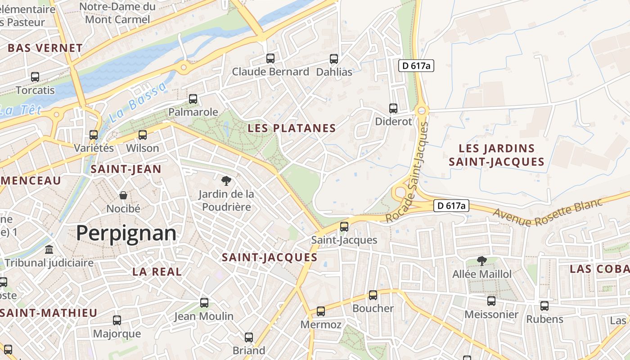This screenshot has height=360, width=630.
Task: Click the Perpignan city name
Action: (x=126, y=233)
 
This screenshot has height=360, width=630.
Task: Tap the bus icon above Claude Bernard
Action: (x=270, y=58)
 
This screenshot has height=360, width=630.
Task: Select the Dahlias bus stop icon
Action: (x=334, y=59)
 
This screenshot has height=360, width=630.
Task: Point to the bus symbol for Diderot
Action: (x=393, y=108)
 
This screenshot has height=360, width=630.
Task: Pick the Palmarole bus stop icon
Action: (x=193, y=99)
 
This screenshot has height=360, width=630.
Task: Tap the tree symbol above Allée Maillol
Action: (x=481, y=261)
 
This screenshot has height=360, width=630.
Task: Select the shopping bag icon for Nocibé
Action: (x=123, y=195)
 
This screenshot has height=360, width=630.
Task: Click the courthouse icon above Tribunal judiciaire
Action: (x=49, y=249)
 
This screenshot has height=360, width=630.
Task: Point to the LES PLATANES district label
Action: (x=292, y=128)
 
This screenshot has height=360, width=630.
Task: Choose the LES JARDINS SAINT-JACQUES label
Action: (x=496, y=155)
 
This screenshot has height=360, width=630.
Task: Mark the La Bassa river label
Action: (x=137, y=103)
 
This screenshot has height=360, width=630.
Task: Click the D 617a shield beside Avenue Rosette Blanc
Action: (x=451, y=206)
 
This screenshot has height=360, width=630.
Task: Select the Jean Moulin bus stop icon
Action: (x=204, y=303)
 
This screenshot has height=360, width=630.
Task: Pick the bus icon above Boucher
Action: (x=373, y=295)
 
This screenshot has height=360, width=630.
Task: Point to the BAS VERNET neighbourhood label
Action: (x=45, y=48)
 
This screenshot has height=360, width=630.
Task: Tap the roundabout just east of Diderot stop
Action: (x=422, y=110)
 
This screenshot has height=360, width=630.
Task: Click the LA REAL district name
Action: (x=157, y=272)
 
